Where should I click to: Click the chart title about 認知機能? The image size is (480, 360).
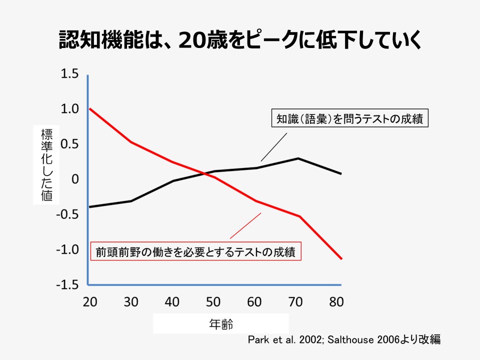[x=240, y=40]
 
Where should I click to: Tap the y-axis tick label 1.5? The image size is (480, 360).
[x=69, y=74]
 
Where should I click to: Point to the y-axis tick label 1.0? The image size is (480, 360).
[x=69, y=108]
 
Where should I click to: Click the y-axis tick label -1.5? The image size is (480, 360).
[x=67, y=284]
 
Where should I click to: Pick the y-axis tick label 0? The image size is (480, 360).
[x=75, y=179]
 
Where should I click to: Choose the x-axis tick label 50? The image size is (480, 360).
[x=214, y=302]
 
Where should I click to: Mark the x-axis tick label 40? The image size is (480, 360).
[x=172, y=302]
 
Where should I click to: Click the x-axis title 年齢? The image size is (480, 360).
[x=220, y=323]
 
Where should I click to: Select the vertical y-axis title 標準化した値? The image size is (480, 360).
[x=46, y=164]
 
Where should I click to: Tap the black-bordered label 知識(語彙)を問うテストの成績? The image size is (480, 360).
[x=349, y=119]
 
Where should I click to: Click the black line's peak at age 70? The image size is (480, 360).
[x=298, y=158]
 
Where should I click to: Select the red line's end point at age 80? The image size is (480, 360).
[x=341, y=258]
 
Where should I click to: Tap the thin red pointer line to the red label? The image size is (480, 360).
[x=245, y=226]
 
